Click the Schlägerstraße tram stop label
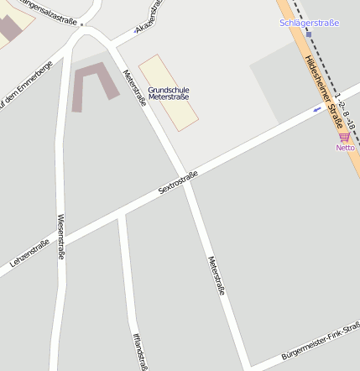pyautogui.click(x=309, y=23)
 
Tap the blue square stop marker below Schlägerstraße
pyautogui.click(x=308, y=34)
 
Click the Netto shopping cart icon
pyautogui.click(x=344, y=136)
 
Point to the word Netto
pyautogui.click(x=345, y=148)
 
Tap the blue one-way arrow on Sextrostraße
pyautogui.click(x=317, y=108)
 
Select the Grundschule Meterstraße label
pyautogui.click(x=168, y=92)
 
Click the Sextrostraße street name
pyautogui.click(x=177, y=183)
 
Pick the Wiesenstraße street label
pyautogui.click(x=60, y=236)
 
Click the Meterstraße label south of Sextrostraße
pyautogui.click(x=217, y=275)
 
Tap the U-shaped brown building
pyautogui.click(x=95, y=86)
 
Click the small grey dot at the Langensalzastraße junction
pyautogui.click(x=82, y=24)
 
